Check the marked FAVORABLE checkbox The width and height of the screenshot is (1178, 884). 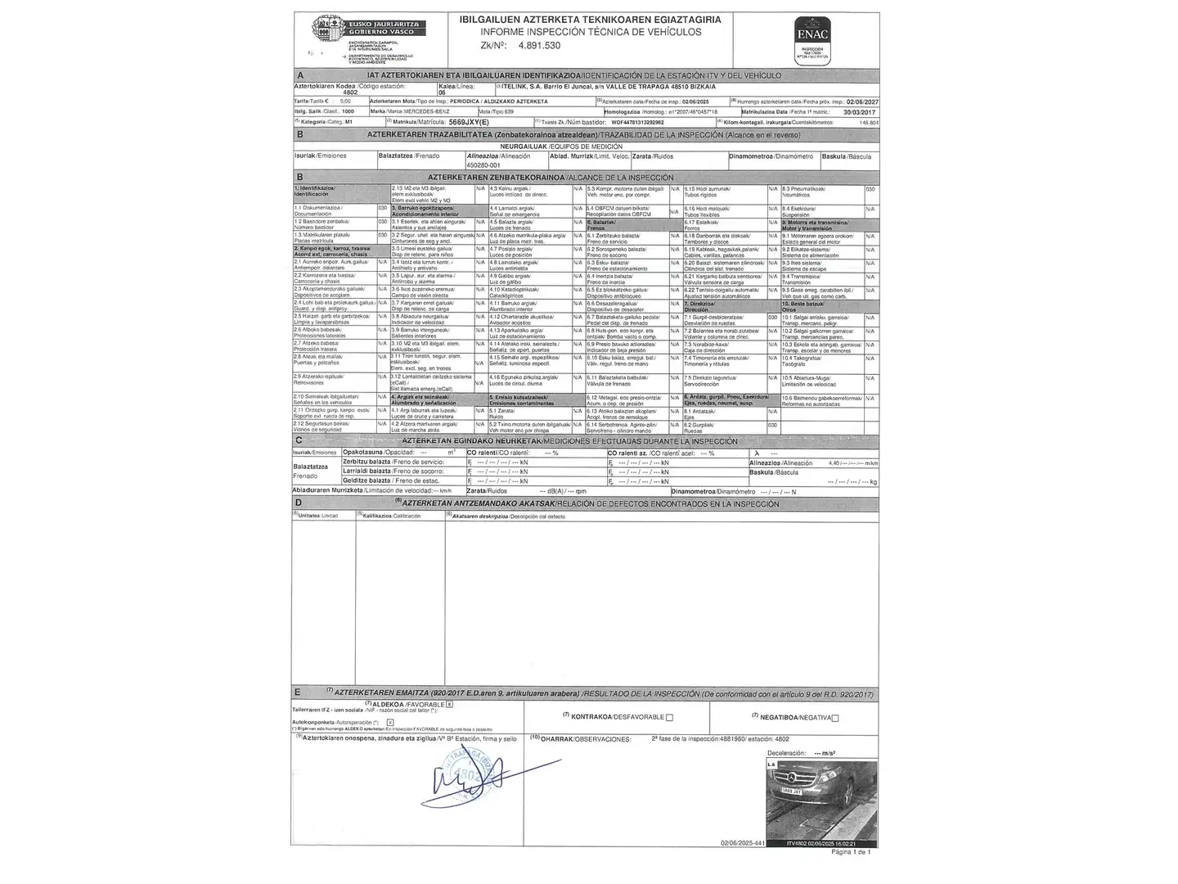[x=449, y=704]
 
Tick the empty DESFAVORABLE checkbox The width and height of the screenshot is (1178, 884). [x=669, y=718]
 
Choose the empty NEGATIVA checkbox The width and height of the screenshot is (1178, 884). [x=834, y=718]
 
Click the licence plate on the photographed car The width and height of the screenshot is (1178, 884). [x=792, y=791]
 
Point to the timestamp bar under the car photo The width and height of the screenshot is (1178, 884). [x=821, y=843]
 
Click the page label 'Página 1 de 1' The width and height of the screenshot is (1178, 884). [x=851, y=852]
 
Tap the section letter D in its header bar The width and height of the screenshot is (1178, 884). [x=299, y=503]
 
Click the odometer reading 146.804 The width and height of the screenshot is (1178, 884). [x=869, y=122]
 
